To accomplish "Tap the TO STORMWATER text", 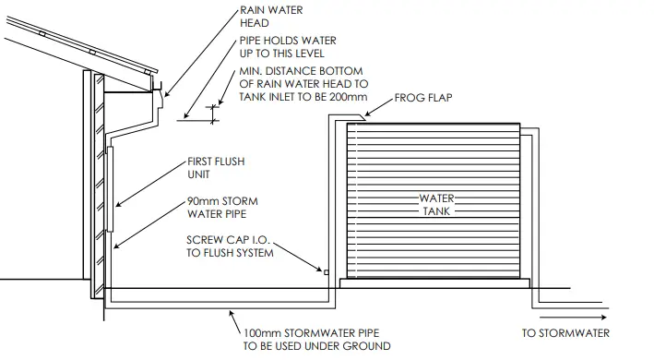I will pyautogui.click(x=566, y=333).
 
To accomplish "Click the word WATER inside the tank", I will pyautogui.click(x=437, y=198).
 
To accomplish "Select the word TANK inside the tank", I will pyautogui.click(x=437, y=210).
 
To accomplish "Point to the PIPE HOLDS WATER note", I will pyautogui.click(x=285, y=47).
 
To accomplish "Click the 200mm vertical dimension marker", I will pyautogui.click(x=213, y=113).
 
